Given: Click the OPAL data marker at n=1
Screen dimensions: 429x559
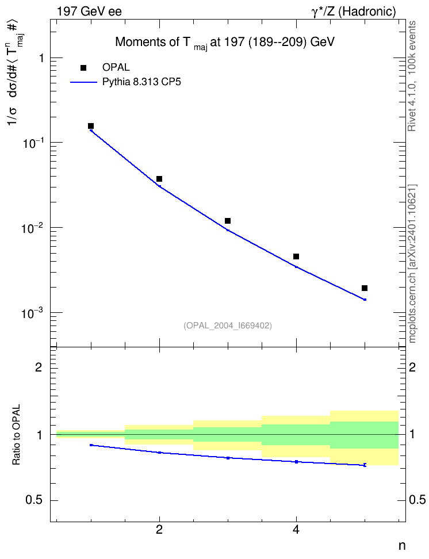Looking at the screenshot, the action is (x=91, y=126).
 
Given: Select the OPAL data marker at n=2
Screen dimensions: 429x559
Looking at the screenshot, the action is (x=159, y=179).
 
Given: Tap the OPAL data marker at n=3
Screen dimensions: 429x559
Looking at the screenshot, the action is (x=228, y=221).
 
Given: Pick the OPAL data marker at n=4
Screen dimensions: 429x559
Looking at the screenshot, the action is (x=296, y=256).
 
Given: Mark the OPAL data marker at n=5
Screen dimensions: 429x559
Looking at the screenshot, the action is (x=365, y=288).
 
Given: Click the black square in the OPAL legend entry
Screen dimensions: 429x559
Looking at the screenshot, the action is (x=83, y=68).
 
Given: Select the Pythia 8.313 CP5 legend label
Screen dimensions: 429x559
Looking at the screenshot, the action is (x=141, y=82).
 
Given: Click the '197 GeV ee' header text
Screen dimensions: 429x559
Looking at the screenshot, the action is (x=89, y=12).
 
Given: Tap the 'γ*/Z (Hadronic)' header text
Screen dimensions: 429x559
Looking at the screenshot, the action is (x=354, y=12).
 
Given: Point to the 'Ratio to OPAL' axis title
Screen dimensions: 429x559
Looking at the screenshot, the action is (x=16, y=435).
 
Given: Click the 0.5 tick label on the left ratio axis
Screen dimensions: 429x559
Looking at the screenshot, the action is (x=34, y=500).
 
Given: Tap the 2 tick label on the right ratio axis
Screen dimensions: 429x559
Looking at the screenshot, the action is (x=412, y=367).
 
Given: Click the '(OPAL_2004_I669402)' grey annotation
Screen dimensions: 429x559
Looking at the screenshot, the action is (x=228, y=326).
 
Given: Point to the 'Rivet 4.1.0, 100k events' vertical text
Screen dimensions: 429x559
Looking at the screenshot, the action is (x=412, y=76).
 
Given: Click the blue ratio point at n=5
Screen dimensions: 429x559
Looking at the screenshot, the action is (x=365, y=465).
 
